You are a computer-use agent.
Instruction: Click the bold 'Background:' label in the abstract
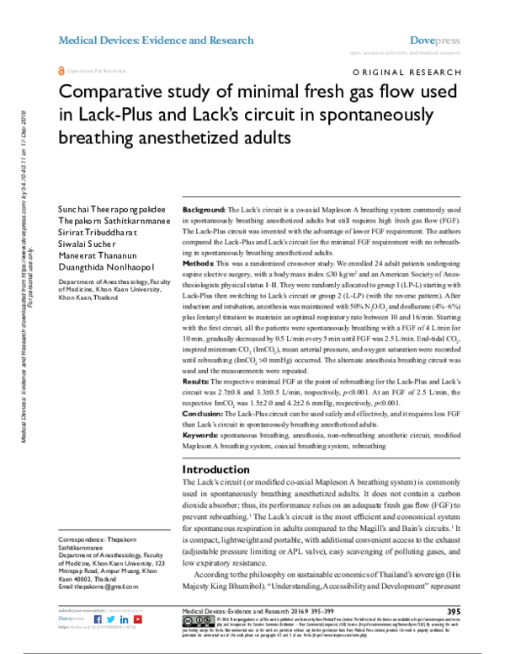204,208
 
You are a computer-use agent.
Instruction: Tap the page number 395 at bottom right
454,611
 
